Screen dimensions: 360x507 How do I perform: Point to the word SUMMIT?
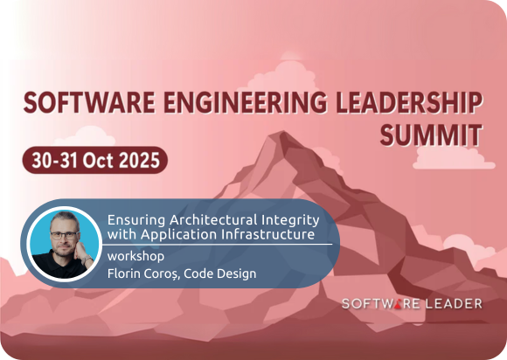432,135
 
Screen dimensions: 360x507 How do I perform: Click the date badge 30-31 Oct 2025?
95,161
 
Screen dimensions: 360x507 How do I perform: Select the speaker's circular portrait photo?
60,242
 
